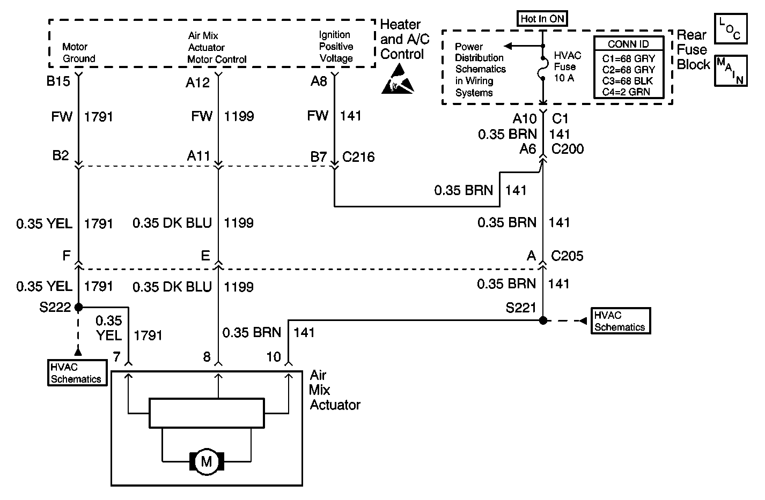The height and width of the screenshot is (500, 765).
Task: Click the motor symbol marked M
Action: [x=207, y=461]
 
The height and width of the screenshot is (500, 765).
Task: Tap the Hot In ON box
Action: [x=542, y=19]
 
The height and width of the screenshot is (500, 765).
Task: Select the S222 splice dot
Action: [x=78, y=307]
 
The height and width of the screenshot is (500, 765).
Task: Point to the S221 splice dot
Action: [x=543, y=320]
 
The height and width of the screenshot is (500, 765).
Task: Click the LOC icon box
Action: [x=731, y=28]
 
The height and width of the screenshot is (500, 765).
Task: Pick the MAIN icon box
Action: [x=731, y=71]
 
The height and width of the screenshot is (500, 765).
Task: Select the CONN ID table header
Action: [x=628, y=44]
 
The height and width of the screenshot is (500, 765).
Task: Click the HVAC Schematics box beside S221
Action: [x=621, y=321]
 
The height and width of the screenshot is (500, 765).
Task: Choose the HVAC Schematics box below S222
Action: [x=77, y=373]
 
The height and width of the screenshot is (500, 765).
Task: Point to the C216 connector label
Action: [x=358, y=157]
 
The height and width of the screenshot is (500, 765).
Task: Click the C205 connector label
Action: [x=567, y=256]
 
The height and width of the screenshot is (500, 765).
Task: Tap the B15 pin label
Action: [x=58, y=81]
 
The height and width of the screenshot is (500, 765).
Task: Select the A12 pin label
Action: [x=197, y=83]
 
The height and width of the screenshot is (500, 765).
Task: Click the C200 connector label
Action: [x=568, y=148]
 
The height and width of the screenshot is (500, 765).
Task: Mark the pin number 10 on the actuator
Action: [x=274, y=357]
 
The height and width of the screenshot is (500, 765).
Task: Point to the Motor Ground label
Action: [x=78, y=53]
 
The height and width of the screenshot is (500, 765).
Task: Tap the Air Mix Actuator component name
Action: [x=335, y=390]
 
